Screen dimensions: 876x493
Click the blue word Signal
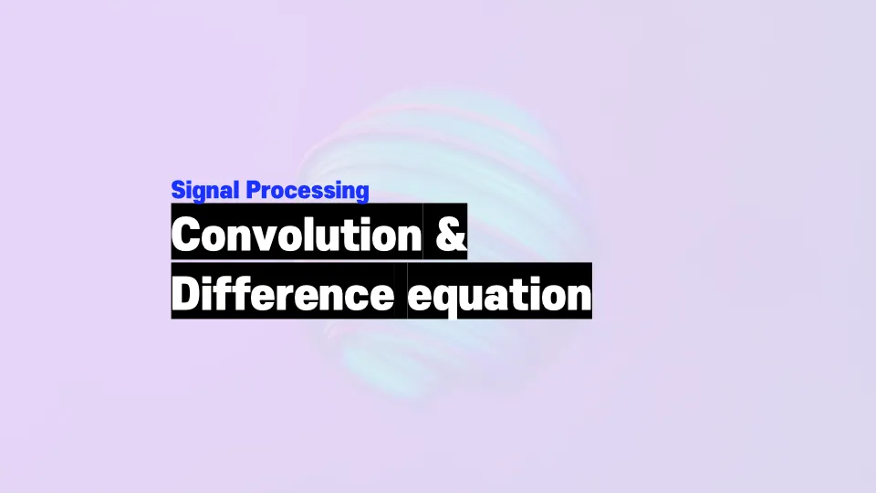pyautogui.click(x=205, y=191)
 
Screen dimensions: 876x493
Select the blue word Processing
pyautogui.click(x=308, y=191)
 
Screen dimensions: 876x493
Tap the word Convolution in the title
pyautogui.click(x=297, y=234)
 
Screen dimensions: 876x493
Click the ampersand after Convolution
pyautogui.click(x=450, y=234)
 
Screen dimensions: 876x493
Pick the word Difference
pyautogui.click(x=283, y=293)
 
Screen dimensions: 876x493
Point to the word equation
pyautogui.click(x=499, y=295)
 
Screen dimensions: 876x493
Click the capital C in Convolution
pyautogui.click(x=186, y=235)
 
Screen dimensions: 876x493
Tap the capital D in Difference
pyautogui.click(x=186, y=293)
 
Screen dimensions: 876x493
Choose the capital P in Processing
pyautogui.click(x=253, y=190)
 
